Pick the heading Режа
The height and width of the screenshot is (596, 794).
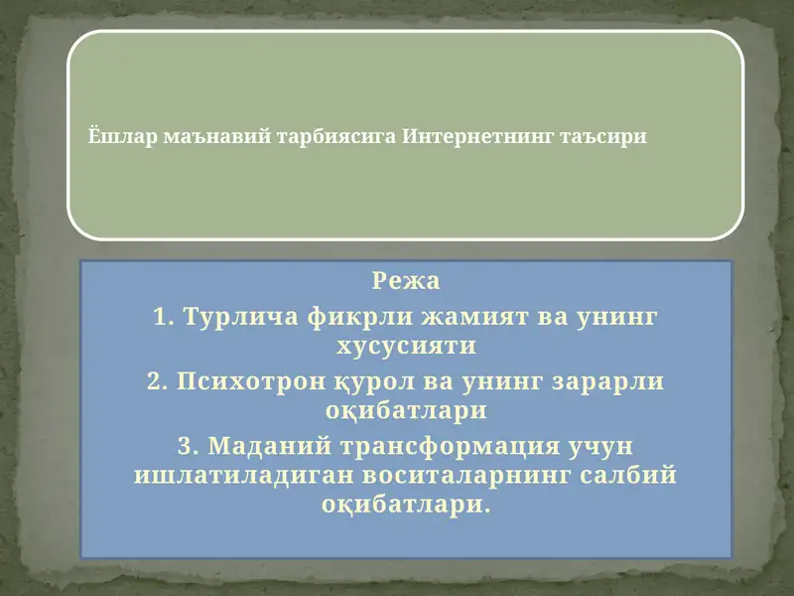point(406,281)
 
